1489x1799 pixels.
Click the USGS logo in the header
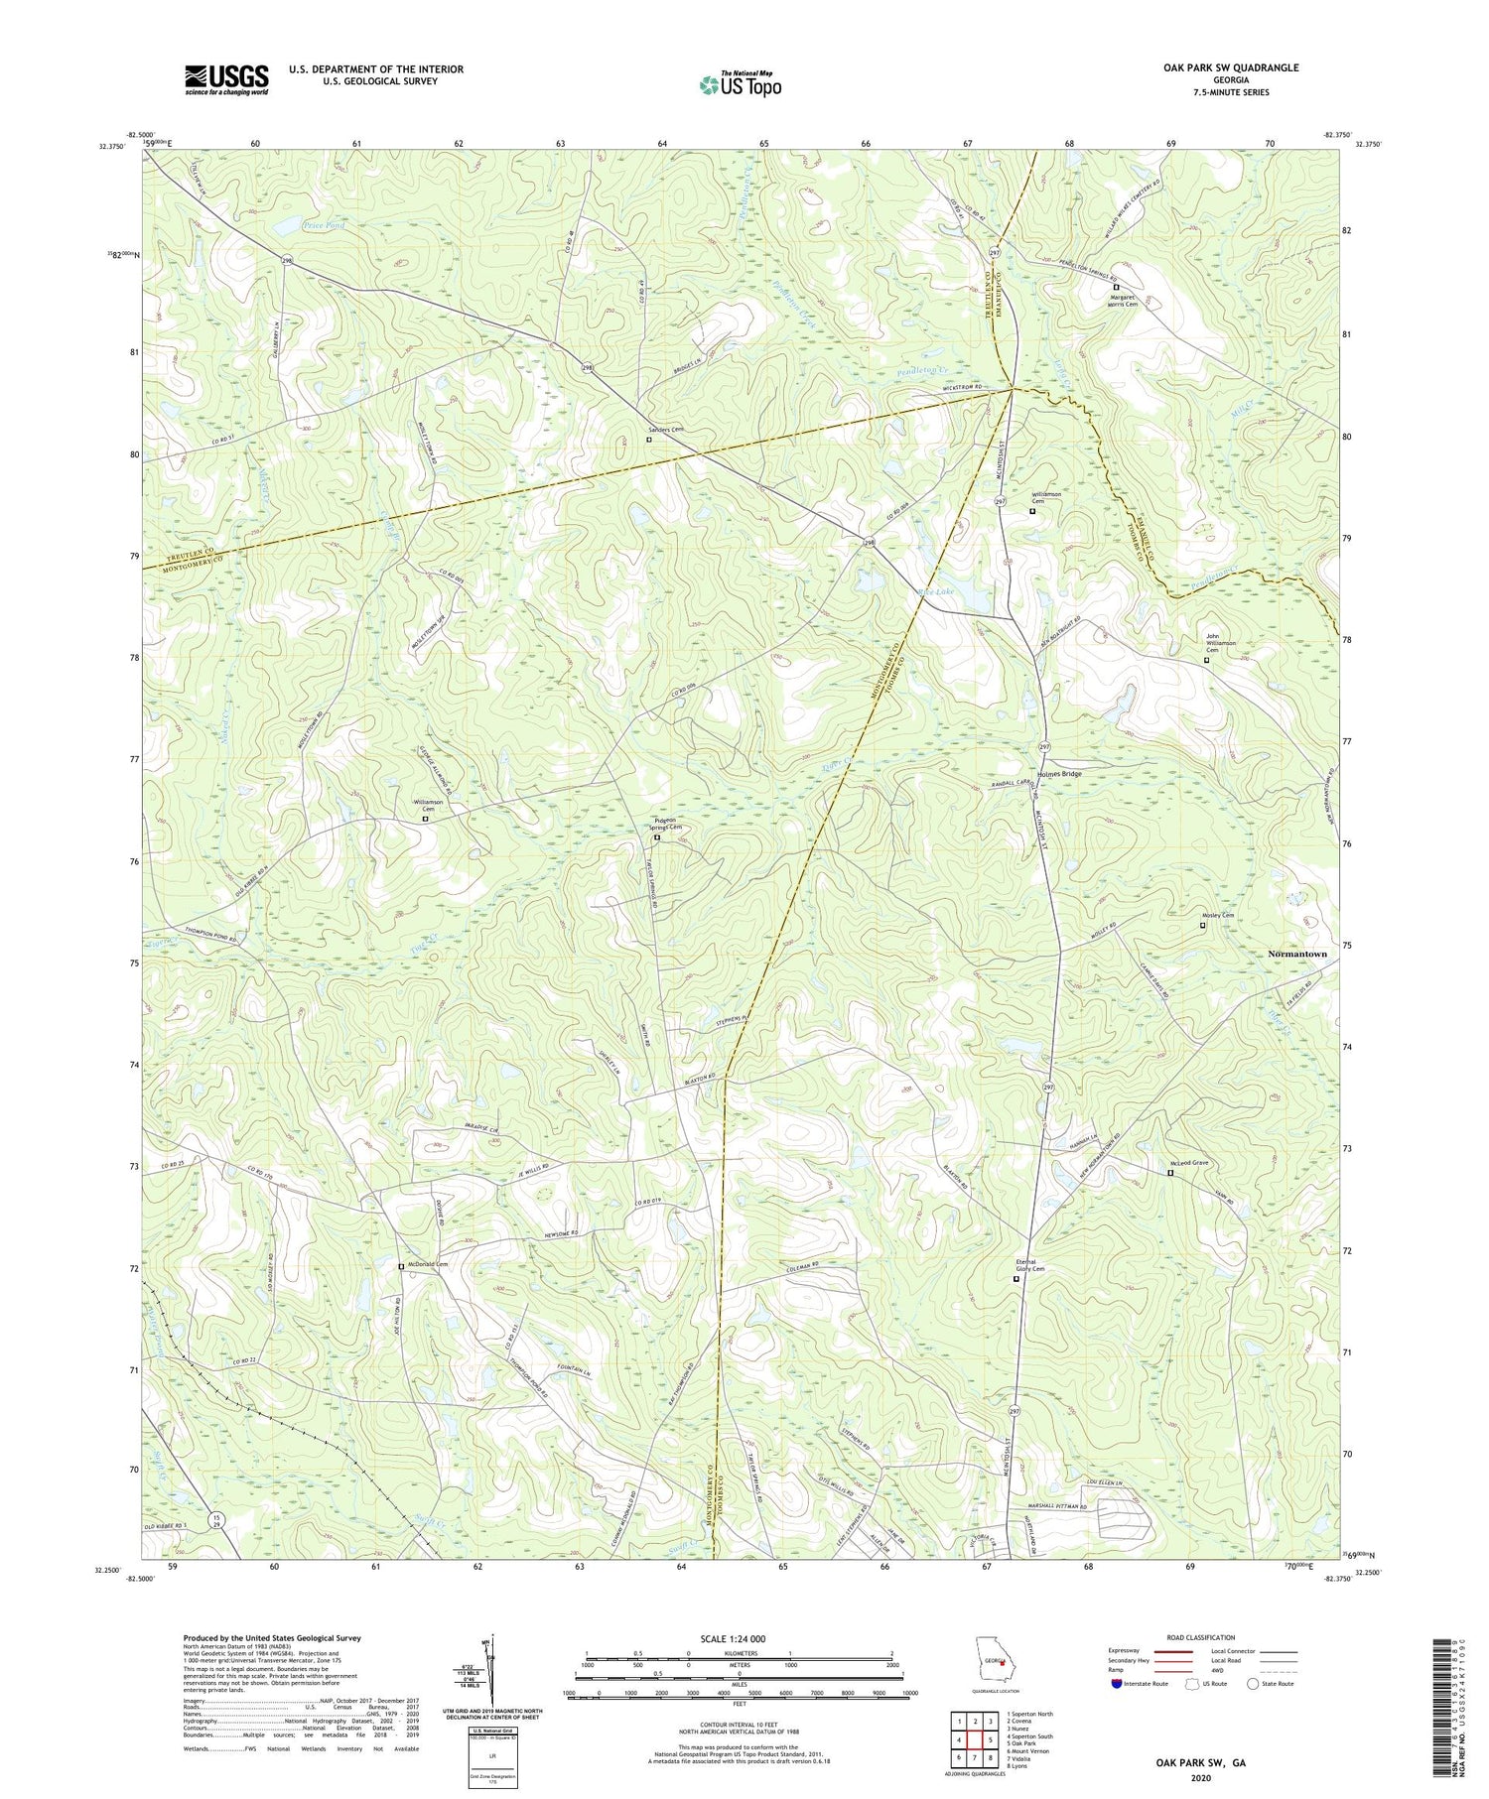point(226,79)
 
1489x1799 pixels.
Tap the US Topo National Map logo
point(740,84)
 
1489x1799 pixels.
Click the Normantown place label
point(1296,954)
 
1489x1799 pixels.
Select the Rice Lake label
point(935,591)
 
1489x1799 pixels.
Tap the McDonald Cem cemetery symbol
point(401,1266)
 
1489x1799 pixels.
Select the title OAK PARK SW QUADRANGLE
point(1231,67)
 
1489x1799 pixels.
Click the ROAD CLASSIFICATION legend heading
point(1201,1637)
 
